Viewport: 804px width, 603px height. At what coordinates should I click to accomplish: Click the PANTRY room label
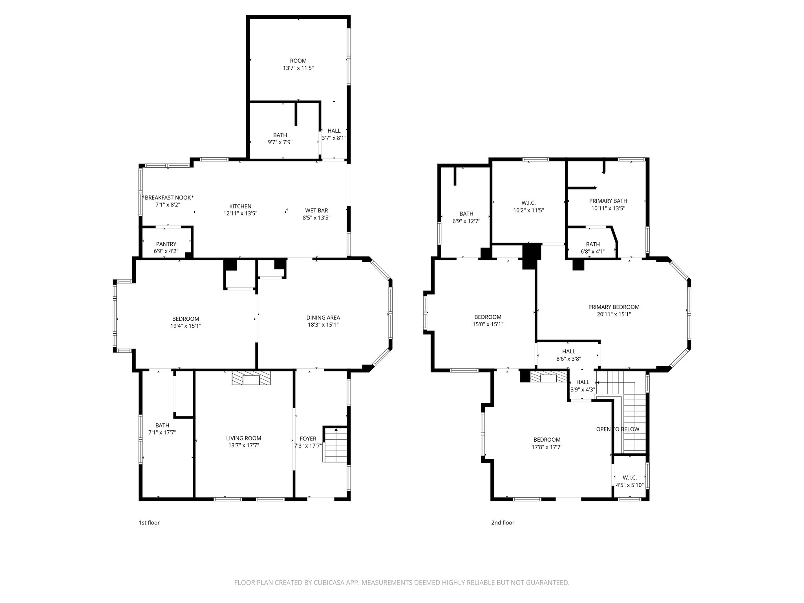click(166, 244)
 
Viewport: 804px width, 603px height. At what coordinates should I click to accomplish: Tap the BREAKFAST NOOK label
click(168, 197)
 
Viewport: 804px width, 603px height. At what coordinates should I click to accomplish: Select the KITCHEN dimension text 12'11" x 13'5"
click(240, 213)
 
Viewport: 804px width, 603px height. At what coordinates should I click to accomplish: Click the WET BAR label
click(316, 210)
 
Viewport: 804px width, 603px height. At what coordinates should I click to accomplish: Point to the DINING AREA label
click(323, 318)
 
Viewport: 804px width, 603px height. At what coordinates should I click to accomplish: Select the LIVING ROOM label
click(243, 438)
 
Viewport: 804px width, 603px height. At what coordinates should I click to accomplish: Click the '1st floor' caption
click(149, 523)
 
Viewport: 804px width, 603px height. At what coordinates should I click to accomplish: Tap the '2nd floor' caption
click(502, 523)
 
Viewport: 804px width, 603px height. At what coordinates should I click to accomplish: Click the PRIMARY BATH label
click(608, 201)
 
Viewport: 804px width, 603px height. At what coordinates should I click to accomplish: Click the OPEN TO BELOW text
click(617, 429)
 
